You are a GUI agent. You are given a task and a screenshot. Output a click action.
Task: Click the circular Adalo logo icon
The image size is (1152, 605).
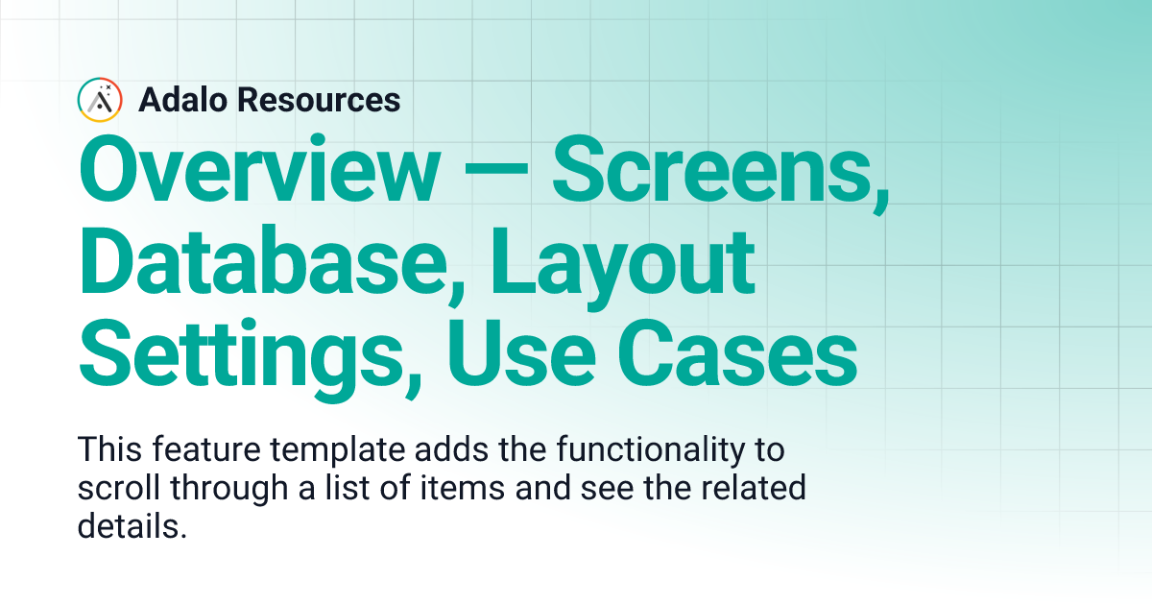pos(100,99)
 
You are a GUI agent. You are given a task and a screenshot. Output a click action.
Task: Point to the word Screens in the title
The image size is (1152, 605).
pos(719,171)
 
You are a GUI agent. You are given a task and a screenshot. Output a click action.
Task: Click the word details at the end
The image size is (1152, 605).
pos(130,526)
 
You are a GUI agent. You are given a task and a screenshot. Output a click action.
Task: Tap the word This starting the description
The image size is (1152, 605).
pos(108,449)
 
